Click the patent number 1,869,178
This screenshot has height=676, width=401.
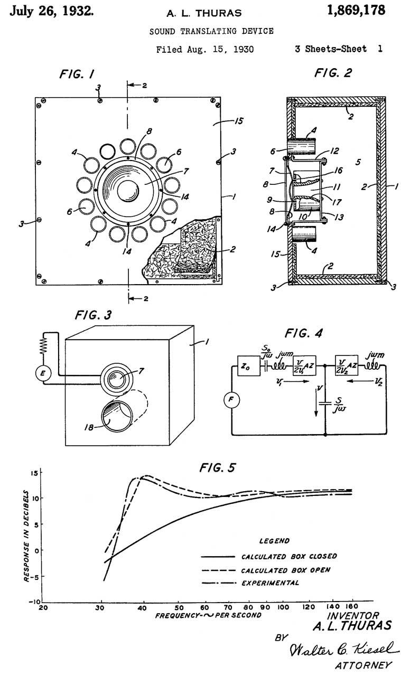coord(356,11)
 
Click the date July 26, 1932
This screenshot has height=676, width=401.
coord(52,11)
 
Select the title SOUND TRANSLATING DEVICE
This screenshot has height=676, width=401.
coord(211,31)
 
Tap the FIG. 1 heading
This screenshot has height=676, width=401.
coord(77,74)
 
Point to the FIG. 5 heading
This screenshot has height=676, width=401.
coord(217,468)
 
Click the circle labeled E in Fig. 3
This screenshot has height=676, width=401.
coord(43,373)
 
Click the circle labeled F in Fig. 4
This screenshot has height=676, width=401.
coord(231,400)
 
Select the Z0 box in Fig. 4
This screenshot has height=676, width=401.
coord(249,366)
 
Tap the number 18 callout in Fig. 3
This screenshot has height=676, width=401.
coord(88,427)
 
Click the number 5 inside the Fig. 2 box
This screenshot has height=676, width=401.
coord(358,162)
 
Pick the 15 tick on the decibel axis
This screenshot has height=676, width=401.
coord(35,473)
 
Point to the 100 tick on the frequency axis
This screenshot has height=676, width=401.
coord(283,607)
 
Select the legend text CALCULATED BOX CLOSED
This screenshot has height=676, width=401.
coord(289,556)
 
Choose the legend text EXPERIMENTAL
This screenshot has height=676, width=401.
coord(271,583)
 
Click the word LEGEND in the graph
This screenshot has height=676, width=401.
coord(274,541)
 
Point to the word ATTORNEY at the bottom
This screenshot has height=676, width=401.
coord(364,665)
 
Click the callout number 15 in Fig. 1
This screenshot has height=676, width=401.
coord(239,121)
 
